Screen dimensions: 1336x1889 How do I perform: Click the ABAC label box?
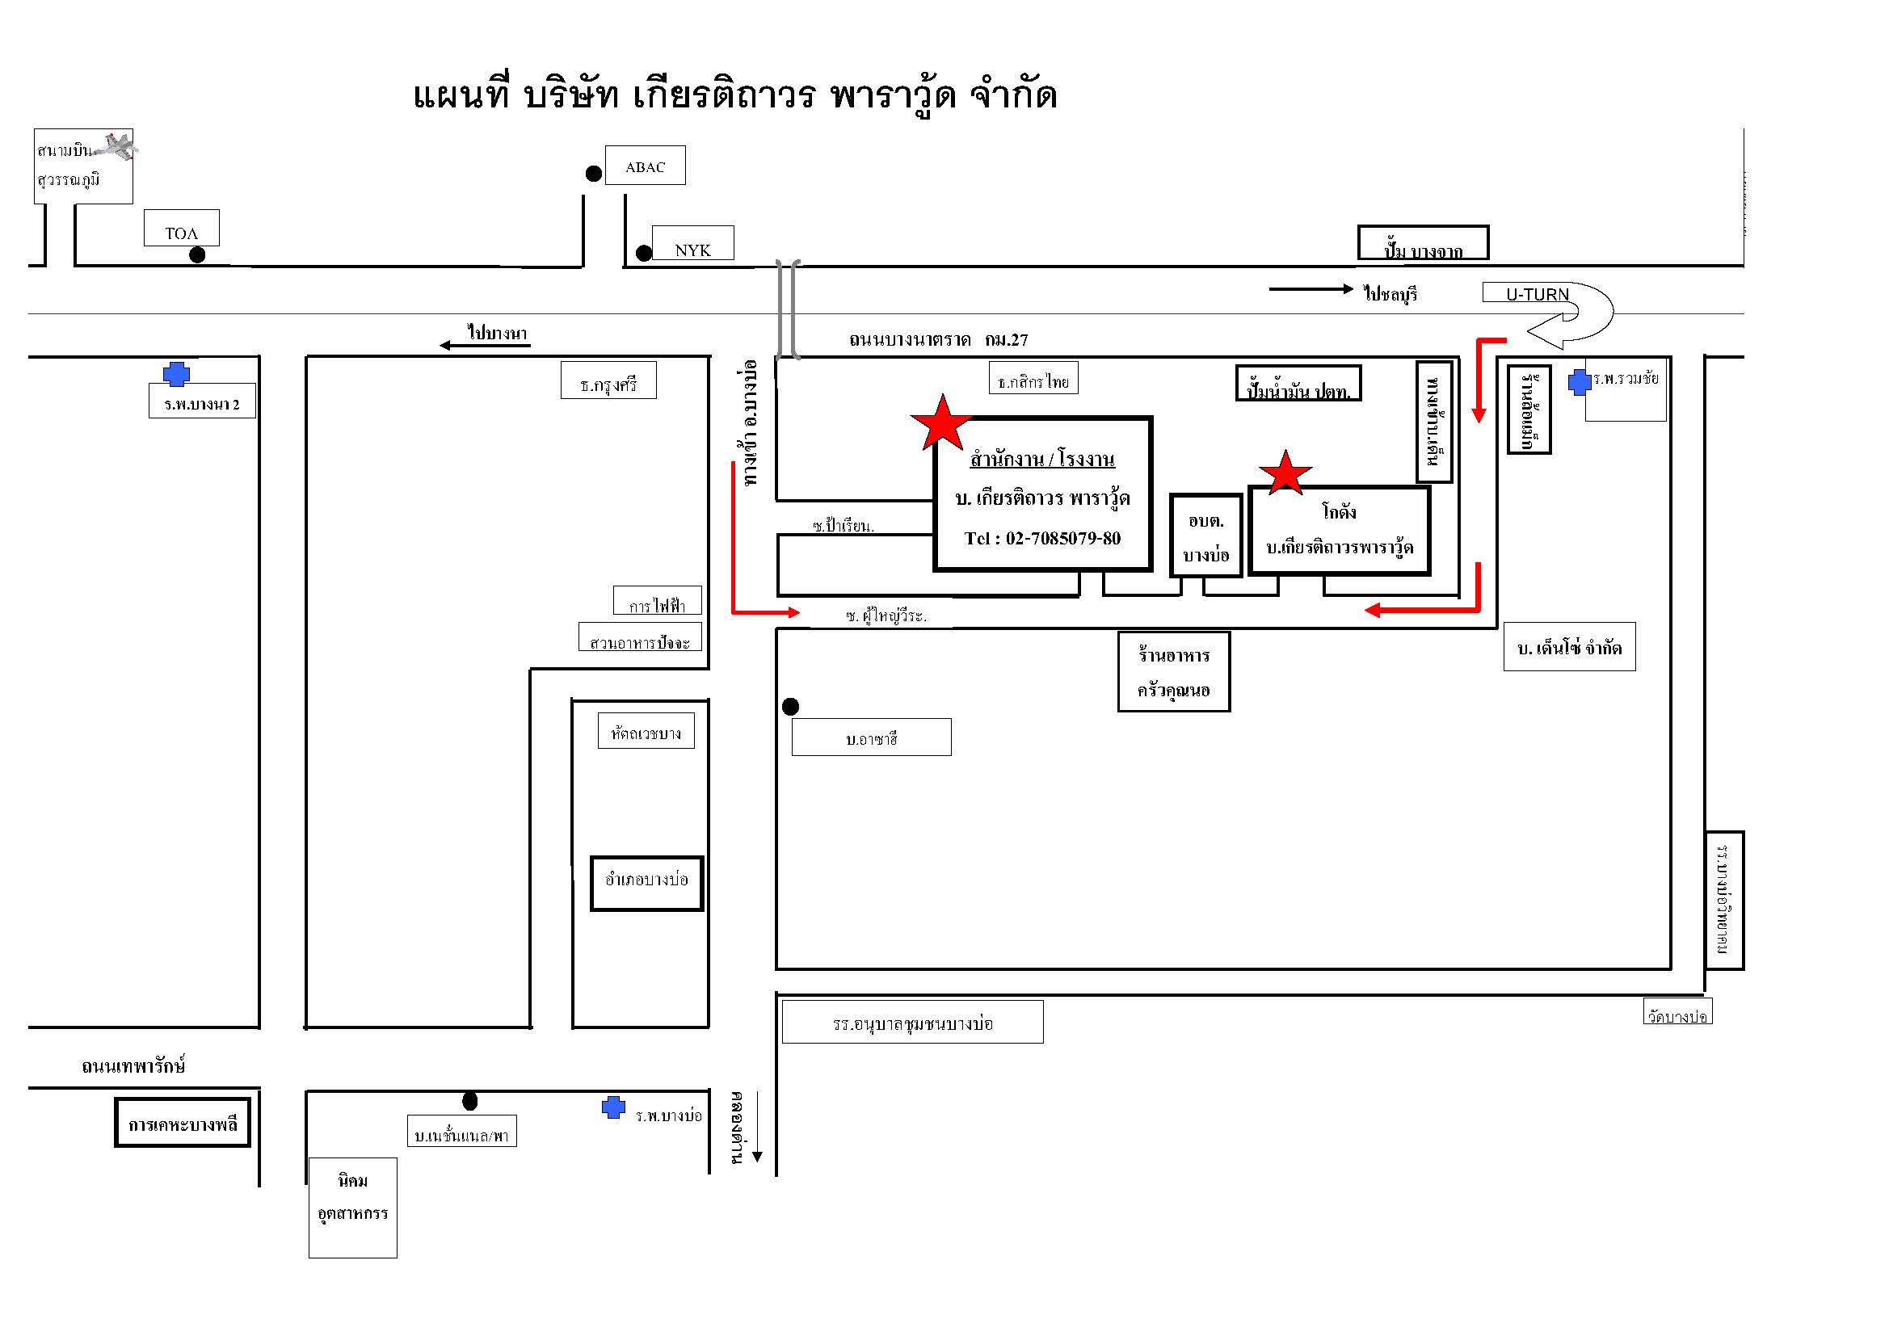click(645, 166)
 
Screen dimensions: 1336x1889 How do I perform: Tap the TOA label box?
click(181, 229)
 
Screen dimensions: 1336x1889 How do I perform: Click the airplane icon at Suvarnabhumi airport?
click(116, 147)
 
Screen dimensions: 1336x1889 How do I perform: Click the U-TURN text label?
click(1537, 294)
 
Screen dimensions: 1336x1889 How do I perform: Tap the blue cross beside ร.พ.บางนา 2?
click(176, 374)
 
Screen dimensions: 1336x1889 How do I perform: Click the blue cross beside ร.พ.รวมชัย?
click(1580, 382)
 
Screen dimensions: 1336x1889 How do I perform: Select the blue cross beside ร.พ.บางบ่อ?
click(613, 1107)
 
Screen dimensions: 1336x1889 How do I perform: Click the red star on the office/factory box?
click(941, 424)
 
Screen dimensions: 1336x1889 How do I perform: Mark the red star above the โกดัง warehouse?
click(1285, 473)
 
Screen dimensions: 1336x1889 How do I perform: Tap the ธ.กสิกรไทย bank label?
click(1033, 381)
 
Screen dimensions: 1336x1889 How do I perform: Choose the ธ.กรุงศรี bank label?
click(608, 383)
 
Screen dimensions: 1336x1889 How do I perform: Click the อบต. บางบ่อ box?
click(1206, 536)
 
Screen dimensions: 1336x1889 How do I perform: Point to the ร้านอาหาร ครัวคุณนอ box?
click(1174, 672)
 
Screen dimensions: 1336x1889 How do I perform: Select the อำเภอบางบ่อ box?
click(646, 884)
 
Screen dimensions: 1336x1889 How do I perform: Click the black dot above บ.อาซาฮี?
click(791, 707)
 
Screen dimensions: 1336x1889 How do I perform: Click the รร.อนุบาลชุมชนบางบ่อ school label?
click(912, 1023)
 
